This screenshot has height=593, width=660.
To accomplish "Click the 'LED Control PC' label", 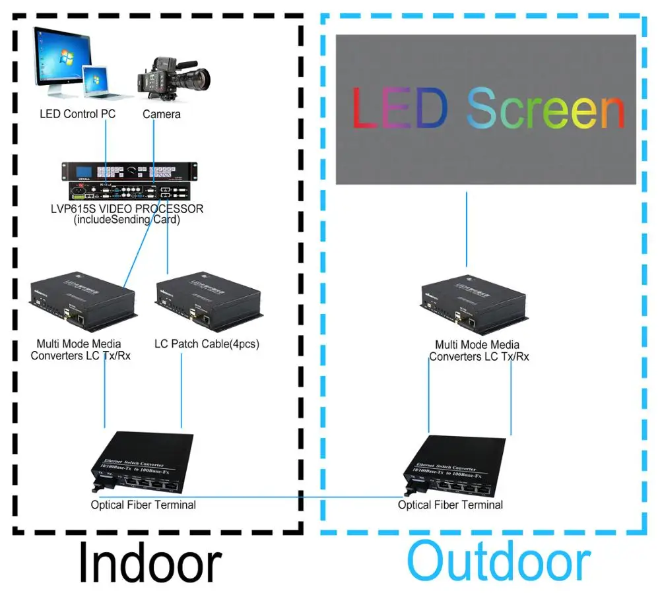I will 77,114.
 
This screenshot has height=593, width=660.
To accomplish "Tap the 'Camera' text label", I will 162,114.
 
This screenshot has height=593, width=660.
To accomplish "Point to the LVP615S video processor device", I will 129,181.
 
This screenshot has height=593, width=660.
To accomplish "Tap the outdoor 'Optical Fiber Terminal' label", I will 450,505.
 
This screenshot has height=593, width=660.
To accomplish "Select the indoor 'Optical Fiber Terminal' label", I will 143,505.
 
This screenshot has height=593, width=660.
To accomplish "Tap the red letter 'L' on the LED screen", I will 365,109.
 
